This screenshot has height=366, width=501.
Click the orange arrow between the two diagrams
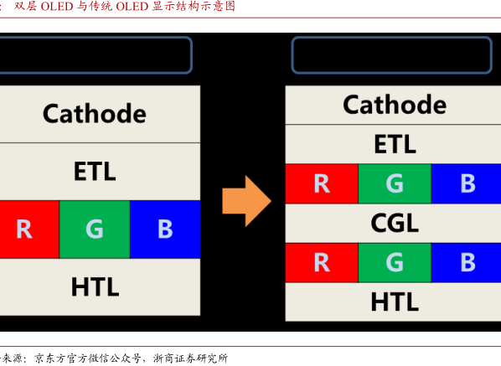[x=246, y=201]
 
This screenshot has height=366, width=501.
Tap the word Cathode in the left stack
[x=95, y=114]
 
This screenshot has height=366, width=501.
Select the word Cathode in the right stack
[x=395, y=105]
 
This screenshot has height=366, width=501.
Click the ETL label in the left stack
[x=95, y=171]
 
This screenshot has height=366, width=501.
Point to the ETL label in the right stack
[x=395, y=144]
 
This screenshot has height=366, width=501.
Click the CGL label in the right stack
[x=395, y=223]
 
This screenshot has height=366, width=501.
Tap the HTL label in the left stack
[x=95, y=286]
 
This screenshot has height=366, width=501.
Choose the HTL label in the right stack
[x=395, y=302]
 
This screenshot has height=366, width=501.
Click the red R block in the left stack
[x=29, y=229]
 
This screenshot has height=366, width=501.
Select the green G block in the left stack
[x=95, y=229]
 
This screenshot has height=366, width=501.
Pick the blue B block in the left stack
[x=165, y=229]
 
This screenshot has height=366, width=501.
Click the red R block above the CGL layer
[x=322, y=183]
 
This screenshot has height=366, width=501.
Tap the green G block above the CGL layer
[x=395, y=183]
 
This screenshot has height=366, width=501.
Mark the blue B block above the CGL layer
[x=466, y=183]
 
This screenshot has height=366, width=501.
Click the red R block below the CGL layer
[x=322, y=262]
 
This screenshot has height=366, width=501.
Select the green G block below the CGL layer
[x=395, y=262]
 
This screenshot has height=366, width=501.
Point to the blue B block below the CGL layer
[x=466, y=262]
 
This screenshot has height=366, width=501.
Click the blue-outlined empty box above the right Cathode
[x=392, y=38]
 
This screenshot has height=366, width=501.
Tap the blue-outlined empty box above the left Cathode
[x=96, y=38]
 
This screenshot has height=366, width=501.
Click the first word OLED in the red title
[x=57, y=7]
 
